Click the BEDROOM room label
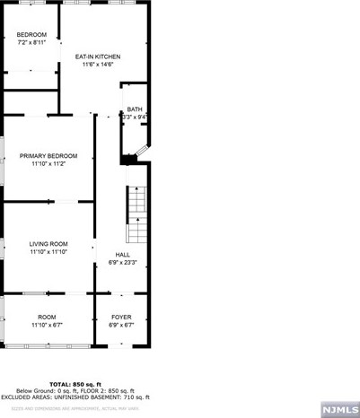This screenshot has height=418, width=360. (x=31, y=35)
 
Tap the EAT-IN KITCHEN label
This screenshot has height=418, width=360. (x=97, y=57)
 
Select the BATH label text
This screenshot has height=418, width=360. (x=134, y=109)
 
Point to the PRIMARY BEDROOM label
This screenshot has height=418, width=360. (x=48, y=156)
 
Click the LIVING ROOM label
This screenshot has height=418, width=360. (x=48, y=244)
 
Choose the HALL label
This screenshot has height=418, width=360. (x=122, y=255)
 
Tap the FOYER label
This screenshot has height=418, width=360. (x=121, y=318)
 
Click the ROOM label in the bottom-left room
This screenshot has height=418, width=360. (x=47, y=318)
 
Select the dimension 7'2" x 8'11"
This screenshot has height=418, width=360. (x=31, y=43)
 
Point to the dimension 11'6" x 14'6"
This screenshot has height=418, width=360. (x=97, y=65)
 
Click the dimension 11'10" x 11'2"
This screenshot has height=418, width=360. (x=48, y=164)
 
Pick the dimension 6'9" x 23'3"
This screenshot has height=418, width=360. (x=122, y=263)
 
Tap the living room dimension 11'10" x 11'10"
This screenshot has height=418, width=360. (x=48, y=252)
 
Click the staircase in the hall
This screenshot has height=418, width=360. (x=135, y=215)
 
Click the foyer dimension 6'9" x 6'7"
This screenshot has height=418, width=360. (x=121, y=326)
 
